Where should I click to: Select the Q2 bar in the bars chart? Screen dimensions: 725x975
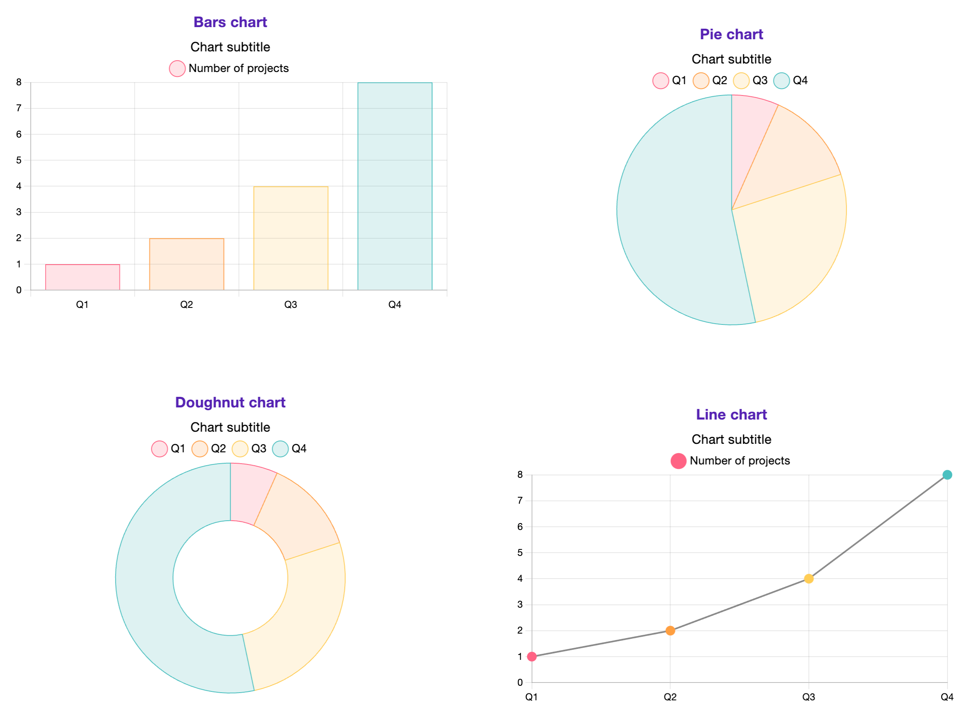[x=187, y=264]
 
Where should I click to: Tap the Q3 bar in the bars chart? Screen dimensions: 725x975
[x=290, y=238]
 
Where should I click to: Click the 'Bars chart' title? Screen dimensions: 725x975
[x=230, y=22]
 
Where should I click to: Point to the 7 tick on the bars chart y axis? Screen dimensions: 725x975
[x=19, y=108]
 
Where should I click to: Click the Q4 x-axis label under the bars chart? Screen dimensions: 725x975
[x=394, y=305]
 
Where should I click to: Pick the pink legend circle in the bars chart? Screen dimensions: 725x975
[x=177, y=68]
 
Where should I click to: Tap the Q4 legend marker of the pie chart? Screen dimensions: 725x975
[x=781, y=81]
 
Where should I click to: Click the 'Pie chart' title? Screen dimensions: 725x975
[x=731, y=34]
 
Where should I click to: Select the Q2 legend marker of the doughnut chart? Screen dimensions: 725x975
[x=199, y=449]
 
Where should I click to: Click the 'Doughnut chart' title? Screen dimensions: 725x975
[x=230, y=403]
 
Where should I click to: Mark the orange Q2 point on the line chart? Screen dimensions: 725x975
[x=670, y=631]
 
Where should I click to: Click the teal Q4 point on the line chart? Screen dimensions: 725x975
[x=947, y=475]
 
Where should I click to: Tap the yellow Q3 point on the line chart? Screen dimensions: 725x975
[x=809, y=579]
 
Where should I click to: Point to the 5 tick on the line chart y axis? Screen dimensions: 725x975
[x=520, y=553]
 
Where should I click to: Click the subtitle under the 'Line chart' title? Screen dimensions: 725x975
[x=731, y=439]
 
